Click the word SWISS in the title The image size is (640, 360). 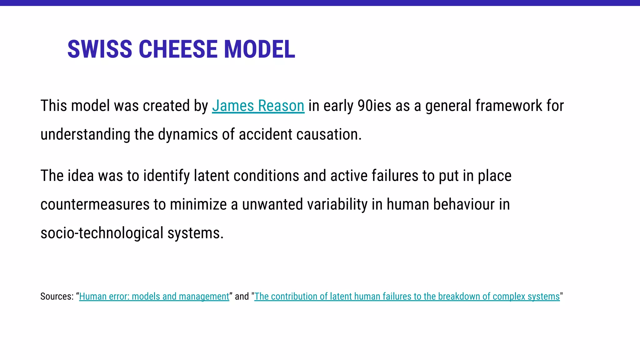coord(100,49)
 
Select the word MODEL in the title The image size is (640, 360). coord(259,49)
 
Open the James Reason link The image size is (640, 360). coord(258,106)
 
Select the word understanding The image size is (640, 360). coord(85,134)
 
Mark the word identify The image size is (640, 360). coord(167,176)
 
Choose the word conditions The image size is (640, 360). coord(266,176)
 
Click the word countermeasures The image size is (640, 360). coord(95,204)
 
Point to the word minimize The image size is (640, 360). coord(198,204)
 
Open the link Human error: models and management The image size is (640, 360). coord(154,296)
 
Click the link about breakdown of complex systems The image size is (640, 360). coord(407,296)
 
